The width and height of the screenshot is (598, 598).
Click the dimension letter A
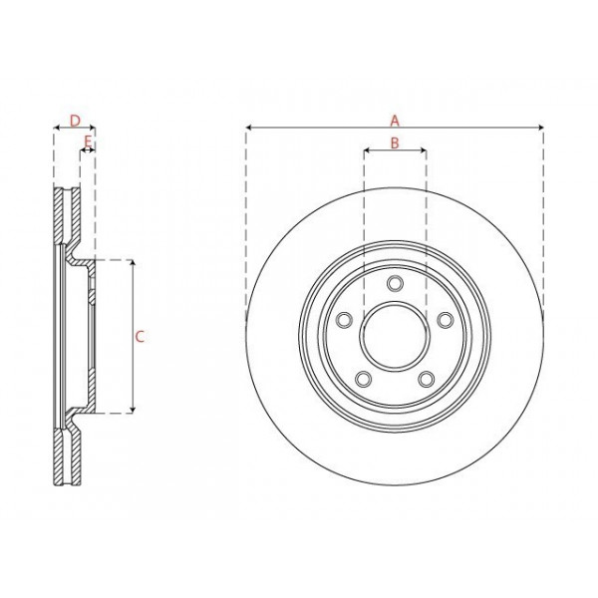pos(395,119)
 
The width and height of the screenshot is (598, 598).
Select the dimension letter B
pos(394,144)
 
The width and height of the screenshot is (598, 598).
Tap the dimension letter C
pos(141,336)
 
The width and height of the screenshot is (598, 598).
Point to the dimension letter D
pos(75,121)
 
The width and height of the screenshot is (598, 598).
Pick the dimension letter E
pos(88,143)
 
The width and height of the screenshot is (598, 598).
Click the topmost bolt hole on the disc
pos(395,285)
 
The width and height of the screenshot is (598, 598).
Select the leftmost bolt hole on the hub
pos(345,320)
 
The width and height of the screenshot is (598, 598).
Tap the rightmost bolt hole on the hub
pos(444,320)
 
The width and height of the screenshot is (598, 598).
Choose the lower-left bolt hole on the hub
pos(364,379)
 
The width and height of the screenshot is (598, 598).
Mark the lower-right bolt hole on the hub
pos(426,379)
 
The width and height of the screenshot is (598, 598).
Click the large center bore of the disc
pos(395,336)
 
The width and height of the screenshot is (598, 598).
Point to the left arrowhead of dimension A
pos(248,128)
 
